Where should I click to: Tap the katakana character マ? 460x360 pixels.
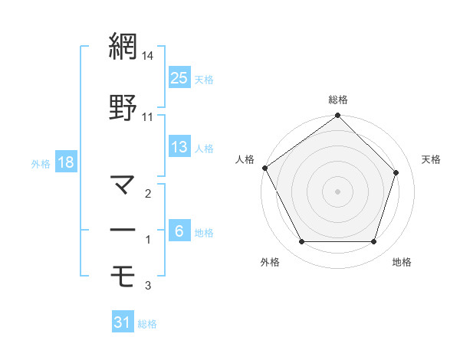(123, 184)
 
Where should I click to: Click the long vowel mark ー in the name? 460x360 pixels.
(123, 230)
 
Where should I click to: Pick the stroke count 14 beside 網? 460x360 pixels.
(148, 57)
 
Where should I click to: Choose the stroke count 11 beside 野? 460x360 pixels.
(148, 116)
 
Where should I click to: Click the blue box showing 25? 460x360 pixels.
(179, 78)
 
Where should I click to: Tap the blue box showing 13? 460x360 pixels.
(179, 147)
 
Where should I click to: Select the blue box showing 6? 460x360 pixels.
(179, 231)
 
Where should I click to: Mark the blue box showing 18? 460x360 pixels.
(66, 162)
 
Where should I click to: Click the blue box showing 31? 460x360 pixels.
(123, 323)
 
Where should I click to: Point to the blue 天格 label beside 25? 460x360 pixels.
(204, 79)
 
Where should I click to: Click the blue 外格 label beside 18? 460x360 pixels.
(41, 163)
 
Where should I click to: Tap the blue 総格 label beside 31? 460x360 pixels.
(147, 324)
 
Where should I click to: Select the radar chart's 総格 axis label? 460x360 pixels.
(338, 100)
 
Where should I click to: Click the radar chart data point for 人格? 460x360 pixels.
(264, 168)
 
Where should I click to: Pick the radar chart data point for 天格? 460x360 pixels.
(396, 172)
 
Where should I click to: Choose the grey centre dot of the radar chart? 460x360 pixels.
(337, 191)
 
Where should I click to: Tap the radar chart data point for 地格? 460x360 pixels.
(374, 242)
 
